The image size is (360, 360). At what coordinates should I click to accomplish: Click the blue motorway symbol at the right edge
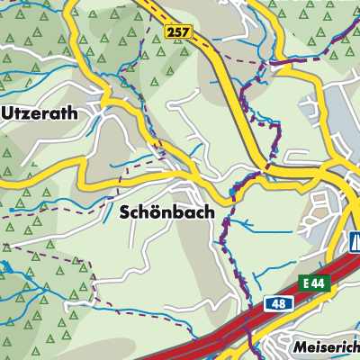click(355, 242)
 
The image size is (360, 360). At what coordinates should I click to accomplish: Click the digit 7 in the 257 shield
click(187, 31)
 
